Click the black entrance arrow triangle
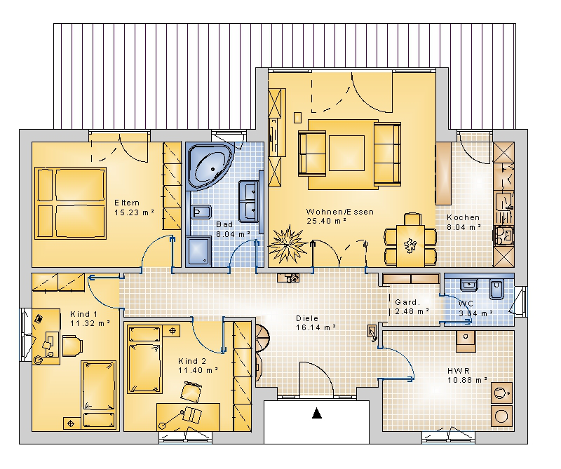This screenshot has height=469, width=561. coord(317,413)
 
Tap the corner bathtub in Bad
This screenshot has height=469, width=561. coord(210,166)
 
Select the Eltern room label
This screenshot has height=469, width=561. coord(127,203)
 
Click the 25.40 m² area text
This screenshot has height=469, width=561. coord(326,221)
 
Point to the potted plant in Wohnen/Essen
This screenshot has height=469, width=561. coord(287,245)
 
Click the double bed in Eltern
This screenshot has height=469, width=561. coord(71,203)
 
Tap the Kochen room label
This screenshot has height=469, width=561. coord(463,217)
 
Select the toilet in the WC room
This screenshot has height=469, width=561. coord(496,289)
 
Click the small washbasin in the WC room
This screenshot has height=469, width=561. coord(468,285)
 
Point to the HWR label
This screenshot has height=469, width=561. coord(459,371)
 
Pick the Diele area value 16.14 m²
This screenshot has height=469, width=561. coord(316,327)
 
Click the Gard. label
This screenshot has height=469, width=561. coord(407,302)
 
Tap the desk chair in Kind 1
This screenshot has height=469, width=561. coord(73,346)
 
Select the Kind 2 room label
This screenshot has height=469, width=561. coord(191,361)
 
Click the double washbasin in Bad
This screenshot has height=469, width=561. coord(249,201)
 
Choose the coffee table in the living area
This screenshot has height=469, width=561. coord(346,153)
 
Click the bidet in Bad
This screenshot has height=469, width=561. coord(201,212)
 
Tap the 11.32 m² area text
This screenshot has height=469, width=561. coord(90,323)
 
